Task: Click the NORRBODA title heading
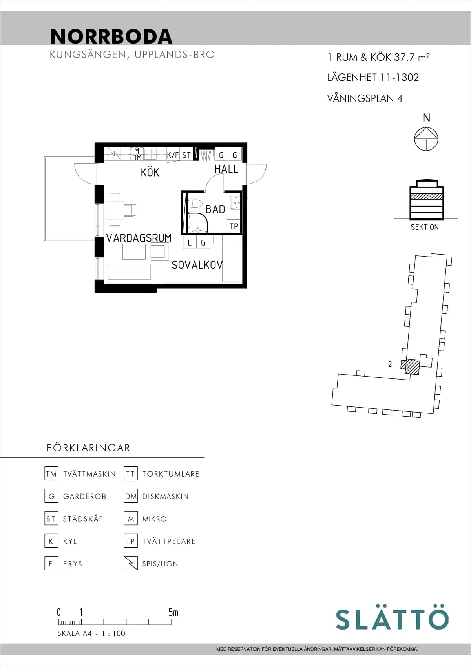pyautogui.click(x=111, y=36)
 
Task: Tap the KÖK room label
pyautogui.click(x=150, y=172)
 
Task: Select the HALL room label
pyautogui.click(x=226, y=169)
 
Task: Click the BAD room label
pyautogui.click(x=215, y=209)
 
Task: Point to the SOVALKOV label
pyautogui.click(x=197, y=265)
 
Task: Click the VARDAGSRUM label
pyautogui.click(x=139, y=238)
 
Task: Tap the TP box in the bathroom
pyautogui.click(x=234, y=226)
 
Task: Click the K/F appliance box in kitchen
pyautogui.click(x=173, y=155)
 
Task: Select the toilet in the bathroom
pyautogui.click(x=194, y=204)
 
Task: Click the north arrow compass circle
pyautogui.click(x=426, y=139)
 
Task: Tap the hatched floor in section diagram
pyautogui.click(x=426, y=197)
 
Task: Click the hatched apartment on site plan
pyautogui.click(x=412, y=366)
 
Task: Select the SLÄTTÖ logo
pyautogui.click(x=392, y=619)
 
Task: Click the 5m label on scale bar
pyautogui.click(x=173, y=612)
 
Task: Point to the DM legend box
pyautogui.click(x=131, y=496)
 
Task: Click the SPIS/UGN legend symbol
pyautogui.click(x=130, y=563)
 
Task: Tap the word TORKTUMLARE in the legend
pyautogui.click(x=171, y=474)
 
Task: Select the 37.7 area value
pyautogui.click(x=404, y=57)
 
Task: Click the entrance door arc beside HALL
pyautogui.click(x=256, y=175)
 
